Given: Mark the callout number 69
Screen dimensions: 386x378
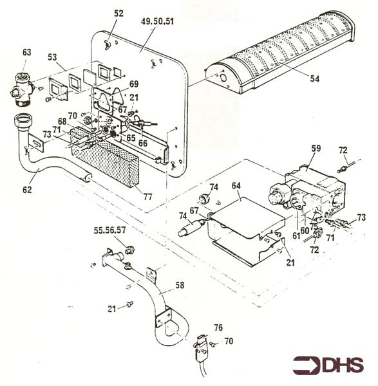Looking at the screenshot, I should click(133, 84).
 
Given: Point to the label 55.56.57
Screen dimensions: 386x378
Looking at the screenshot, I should click(110, 229).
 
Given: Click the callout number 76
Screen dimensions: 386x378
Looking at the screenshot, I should click(218, 327).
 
